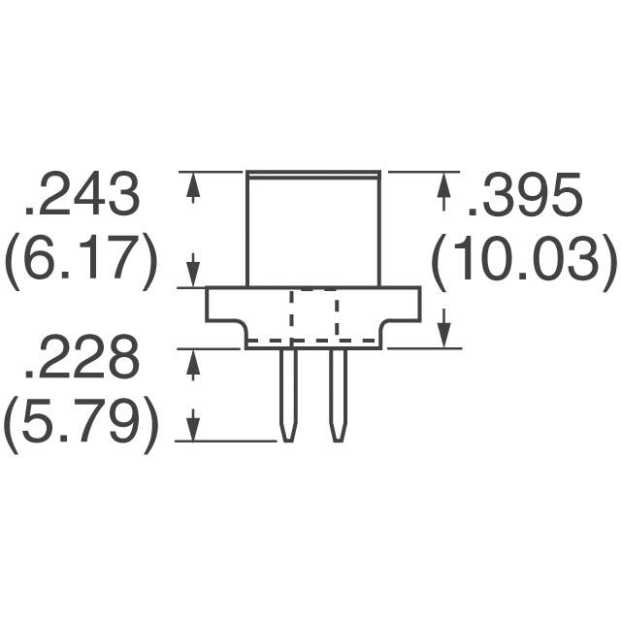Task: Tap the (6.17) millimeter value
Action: pyautogui.click(x=81, y=262)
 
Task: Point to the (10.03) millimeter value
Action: pyautogui.click(x=525, y=262)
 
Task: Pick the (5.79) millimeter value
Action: pyautogui.click(x=81, y=427)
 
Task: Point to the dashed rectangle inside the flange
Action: pyautogui.click(x=313, y=315)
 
